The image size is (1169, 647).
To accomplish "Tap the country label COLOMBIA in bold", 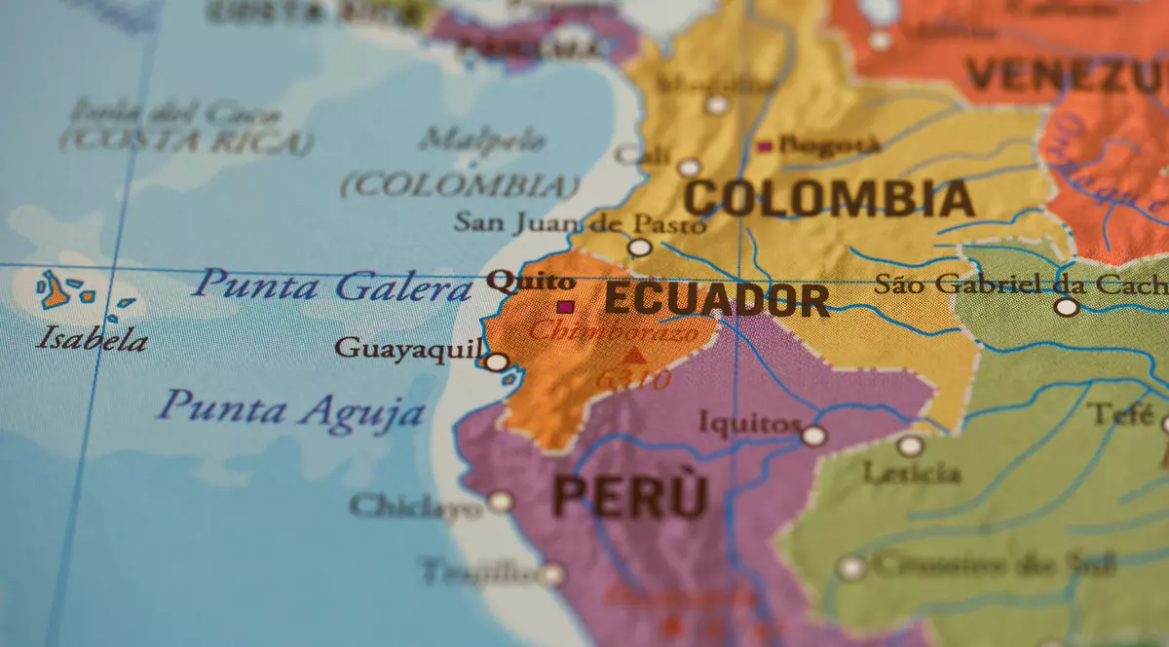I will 828,199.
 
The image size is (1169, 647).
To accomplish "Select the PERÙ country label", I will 629,496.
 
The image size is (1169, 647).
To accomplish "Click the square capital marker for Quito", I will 564,307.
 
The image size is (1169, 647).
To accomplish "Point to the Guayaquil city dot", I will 497,362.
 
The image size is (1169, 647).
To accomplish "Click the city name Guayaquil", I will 408,348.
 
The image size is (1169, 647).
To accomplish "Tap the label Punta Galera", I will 331,286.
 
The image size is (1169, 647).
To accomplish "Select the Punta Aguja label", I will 291,408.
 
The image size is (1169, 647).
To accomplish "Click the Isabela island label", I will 93,340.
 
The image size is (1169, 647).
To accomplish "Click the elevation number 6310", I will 633,379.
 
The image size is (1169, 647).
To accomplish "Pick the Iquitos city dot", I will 813,436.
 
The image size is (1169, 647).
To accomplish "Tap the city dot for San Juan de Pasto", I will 640,247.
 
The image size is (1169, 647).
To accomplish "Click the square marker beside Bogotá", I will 765,147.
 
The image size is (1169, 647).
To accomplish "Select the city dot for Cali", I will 689,168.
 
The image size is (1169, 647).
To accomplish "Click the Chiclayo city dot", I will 500,502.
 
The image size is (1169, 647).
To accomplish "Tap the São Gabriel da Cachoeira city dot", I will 1067,307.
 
